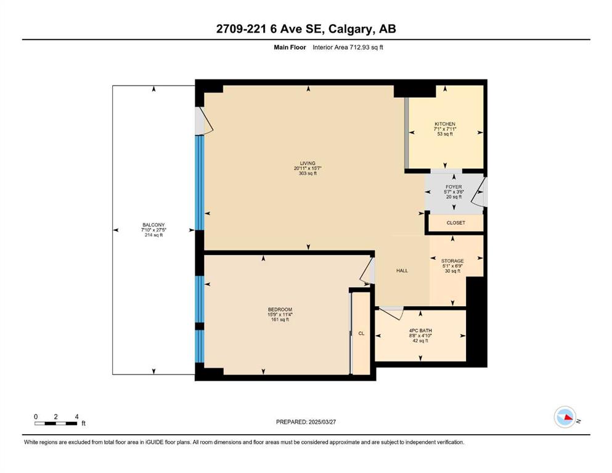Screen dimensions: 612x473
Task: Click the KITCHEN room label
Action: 445,124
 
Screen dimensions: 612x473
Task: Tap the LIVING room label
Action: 308,163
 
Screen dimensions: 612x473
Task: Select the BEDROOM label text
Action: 280,310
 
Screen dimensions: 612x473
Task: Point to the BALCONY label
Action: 153,225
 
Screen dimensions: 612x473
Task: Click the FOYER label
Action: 454,187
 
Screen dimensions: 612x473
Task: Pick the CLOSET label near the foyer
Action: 456,223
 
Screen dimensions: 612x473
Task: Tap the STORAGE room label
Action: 452,261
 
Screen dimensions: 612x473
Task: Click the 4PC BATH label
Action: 420,331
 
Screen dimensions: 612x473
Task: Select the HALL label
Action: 402,270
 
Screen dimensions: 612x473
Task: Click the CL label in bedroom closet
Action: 361,333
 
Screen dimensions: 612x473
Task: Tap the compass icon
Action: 565,417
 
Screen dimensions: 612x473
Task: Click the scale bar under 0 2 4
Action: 56,423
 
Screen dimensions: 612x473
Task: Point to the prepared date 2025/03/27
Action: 322,422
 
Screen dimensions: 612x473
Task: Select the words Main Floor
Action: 290,47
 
